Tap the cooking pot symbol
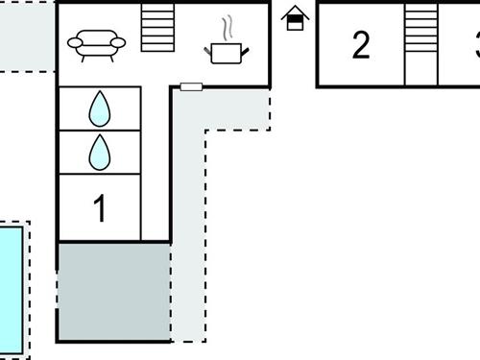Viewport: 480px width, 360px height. [x=227, y=53]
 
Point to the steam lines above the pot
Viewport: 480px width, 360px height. [x=227, y=26]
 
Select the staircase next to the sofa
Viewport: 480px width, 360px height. [x=157, y=27]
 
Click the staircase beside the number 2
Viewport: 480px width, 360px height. [x=420, y=43]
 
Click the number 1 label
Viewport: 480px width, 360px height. [x=100, y=208]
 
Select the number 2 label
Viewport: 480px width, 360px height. [x=361, y=45]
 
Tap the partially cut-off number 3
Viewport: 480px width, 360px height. [x=476, y=45]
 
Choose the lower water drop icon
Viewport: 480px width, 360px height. [x=100, y=152]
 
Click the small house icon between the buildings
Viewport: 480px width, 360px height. [x=296, y=17]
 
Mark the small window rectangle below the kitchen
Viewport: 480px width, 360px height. [x=191, y=87]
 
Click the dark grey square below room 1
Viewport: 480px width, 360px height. [x=113, y=291]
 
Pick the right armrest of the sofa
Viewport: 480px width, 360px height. [x=120, y=42]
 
